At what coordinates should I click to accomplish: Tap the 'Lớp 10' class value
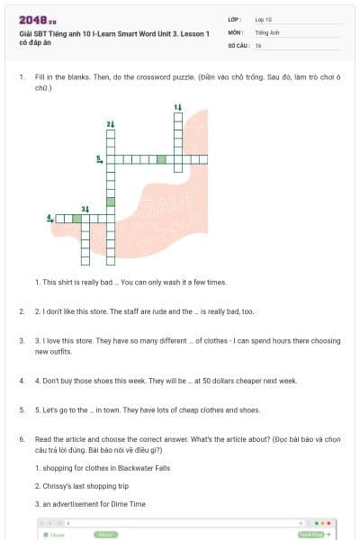tap(264, 19)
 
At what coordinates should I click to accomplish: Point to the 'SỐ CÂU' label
tap(238, 45)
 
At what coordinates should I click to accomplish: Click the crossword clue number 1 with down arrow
tap(178, 107)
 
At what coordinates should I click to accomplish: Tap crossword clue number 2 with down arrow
tap(111, 123)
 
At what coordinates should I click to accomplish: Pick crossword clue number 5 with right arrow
tap(99, 159)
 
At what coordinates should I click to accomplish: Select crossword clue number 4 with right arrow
tap(49, 218)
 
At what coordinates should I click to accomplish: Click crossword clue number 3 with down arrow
tap(85, 209)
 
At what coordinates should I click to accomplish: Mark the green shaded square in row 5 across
tap(161, 159)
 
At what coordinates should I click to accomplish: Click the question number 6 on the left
tap(21, 438)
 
